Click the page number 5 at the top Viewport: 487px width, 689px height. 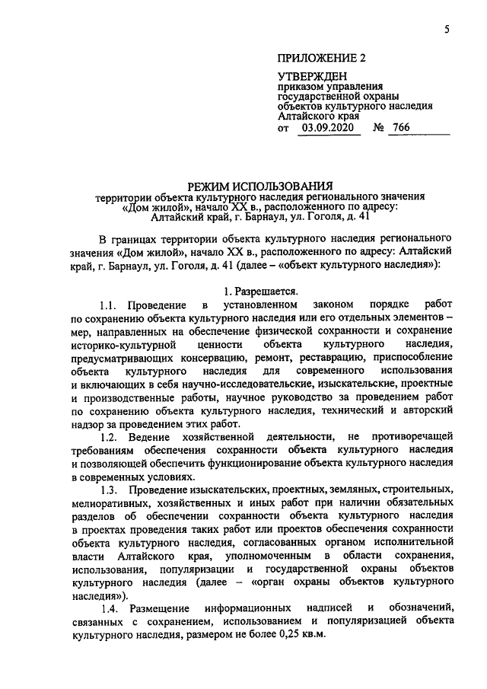click(447, 30)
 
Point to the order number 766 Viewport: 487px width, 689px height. click(420, 129)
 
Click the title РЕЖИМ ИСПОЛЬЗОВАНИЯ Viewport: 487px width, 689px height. click(261, 184)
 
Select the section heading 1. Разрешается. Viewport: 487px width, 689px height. click(261, 290)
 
